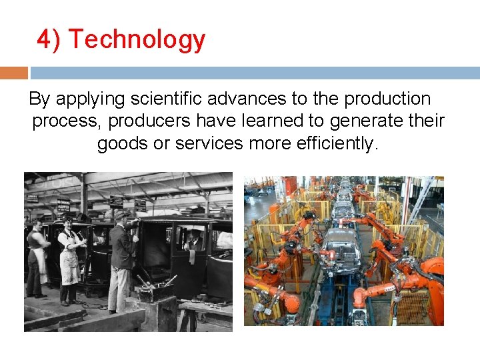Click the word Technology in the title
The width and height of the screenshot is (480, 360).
(x=137, y=40)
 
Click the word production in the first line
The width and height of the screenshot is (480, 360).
(x=387, y=99)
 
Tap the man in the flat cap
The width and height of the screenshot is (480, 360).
(x=122, y=257)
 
